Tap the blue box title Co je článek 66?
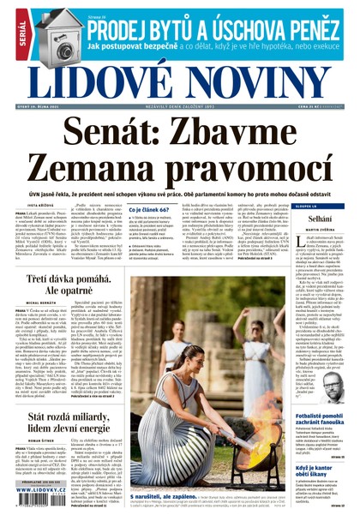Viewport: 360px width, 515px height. pyautogui.click(x=151, y=209)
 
